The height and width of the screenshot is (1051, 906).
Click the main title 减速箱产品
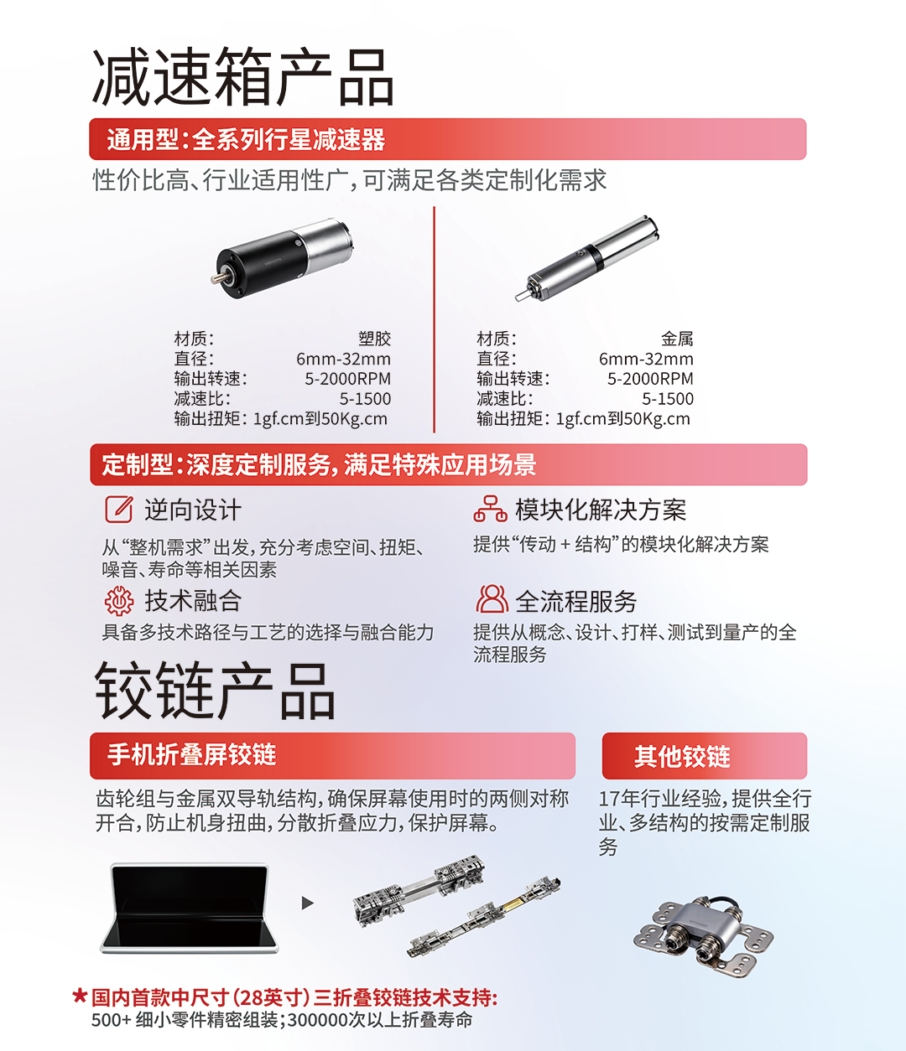[x=242, y=76]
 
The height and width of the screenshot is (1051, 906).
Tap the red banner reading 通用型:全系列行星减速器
[x=447, y=139]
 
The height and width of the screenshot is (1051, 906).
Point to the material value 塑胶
[x=374, y=338]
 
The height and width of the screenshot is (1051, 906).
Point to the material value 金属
[x=676, y=338]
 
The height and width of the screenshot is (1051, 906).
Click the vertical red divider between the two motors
[x=434, y=319]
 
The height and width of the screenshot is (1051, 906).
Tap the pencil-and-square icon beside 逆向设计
[x=118, y=509]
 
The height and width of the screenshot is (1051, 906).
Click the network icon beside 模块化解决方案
[x=490, y=509]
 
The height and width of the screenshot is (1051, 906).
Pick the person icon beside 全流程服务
[x=492, y=599]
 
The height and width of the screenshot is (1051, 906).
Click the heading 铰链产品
[x=215, y=691]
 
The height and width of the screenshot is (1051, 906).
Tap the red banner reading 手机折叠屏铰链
[x=332, y=756]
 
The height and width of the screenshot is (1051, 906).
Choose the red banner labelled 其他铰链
[x=705, y=756]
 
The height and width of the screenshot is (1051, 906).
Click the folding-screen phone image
[x=189, y=909]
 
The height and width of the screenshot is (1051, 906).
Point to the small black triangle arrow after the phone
[x=307, y=903]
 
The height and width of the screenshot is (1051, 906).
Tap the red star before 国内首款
[x=80, y=996]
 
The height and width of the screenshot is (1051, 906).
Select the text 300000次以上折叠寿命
[x=380, y=1019]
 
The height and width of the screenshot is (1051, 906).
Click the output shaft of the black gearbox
[x=217, y=278]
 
